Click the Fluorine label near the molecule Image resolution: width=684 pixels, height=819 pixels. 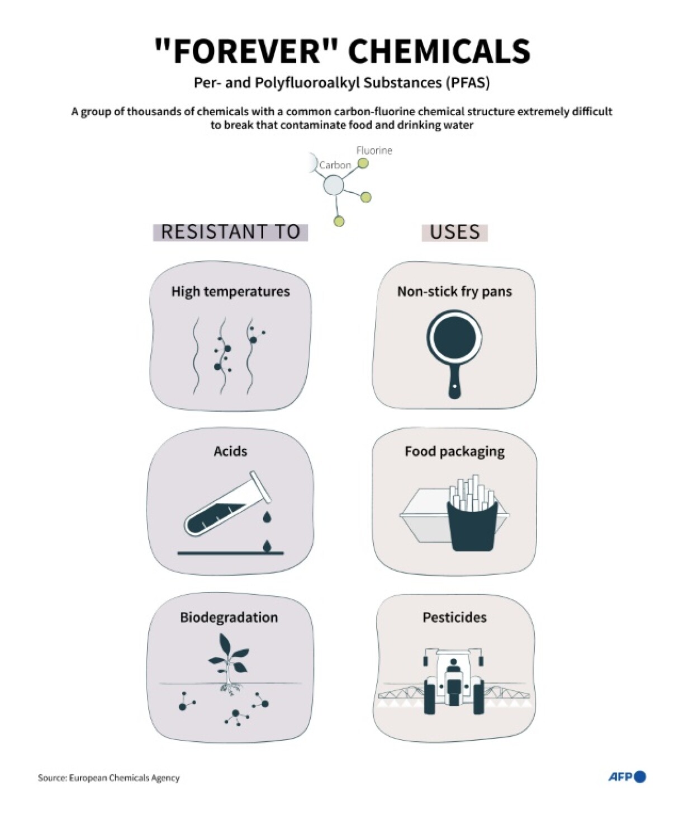coord(374,150)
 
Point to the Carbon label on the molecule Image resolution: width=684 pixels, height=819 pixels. coord(335,165)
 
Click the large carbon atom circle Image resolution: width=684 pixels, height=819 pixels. coord(334,185)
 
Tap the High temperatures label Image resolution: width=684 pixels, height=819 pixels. coord(231,291)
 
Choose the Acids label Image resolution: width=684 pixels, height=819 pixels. coord(230,451)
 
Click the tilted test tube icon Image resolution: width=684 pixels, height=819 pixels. coord(227,505)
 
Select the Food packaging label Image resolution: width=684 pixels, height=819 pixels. coord(454,452)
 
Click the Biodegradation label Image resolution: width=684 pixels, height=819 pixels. coord(229,618)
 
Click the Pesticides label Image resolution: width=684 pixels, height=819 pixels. coord(454,618)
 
